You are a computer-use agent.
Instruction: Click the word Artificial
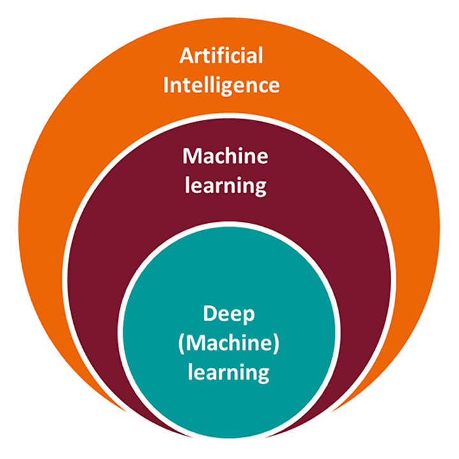click(x=221, y=56)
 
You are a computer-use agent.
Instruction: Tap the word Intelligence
click(x=221, y=85)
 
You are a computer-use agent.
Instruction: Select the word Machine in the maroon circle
click(x=225, y=156)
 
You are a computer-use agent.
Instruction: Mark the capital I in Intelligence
click(x=166, y=85)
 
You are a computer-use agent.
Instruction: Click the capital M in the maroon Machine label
click(x=191, y=156)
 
